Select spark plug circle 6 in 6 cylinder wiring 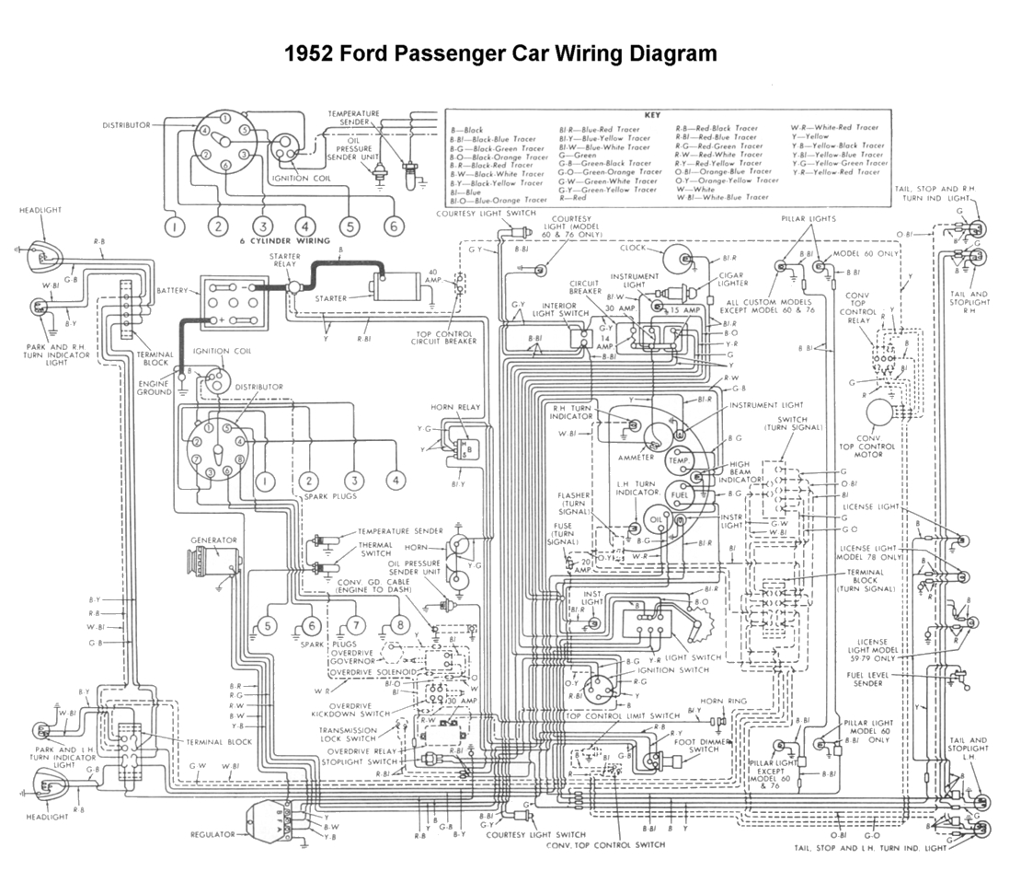[394, 226]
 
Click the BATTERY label [172, 290]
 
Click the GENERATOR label [213, 540]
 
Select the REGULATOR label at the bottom [212, 834]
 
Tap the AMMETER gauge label [636, 458]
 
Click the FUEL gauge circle [680, 495]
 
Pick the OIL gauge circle [656, 518]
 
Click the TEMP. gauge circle [680, 459]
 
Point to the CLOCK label [633, 248]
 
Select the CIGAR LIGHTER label [733, 279]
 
